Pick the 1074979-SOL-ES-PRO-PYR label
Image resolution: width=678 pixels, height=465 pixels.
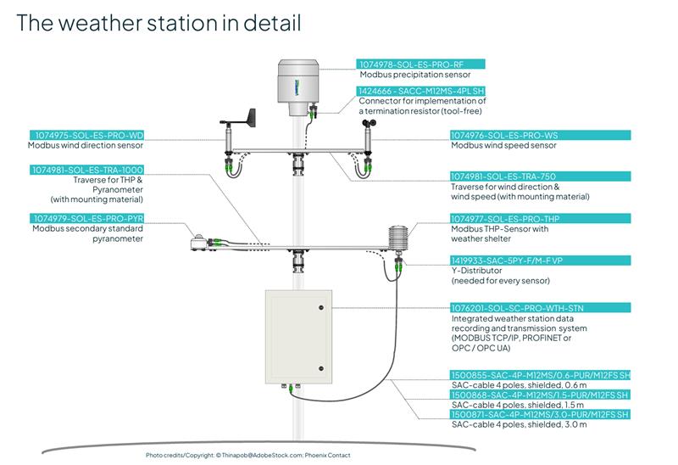[87, 218]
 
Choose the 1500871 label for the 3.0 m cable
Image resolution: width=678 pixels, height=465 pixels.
[541, 413]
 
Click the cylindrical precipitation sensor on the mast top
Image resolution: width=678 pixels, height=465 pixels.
[295, 85]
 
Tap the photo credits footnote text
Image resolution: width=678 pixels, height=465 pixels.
[242, 456]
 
